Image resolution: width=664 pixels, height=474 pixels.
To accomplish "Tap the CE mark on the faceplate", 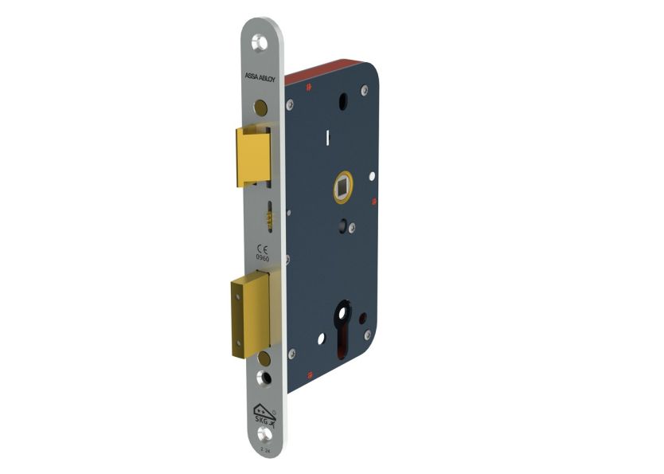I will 262,248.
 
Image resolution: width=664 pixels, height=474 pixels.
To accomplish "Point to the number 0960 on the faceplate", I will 262,257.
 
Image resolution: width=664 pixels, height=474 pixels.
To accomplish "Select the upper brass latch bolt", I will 252,155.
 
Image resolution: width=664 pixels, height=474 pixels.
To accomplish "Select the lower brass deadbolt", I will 248,315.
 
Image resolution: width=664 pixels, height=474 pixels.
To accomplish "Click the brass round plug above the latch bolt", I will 261,106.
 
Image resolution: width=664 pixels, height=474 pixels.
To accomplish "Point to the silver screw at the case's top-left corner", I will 291,103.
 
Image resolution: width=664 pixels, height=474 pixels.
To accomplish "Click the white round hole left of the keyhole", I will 321,339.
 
